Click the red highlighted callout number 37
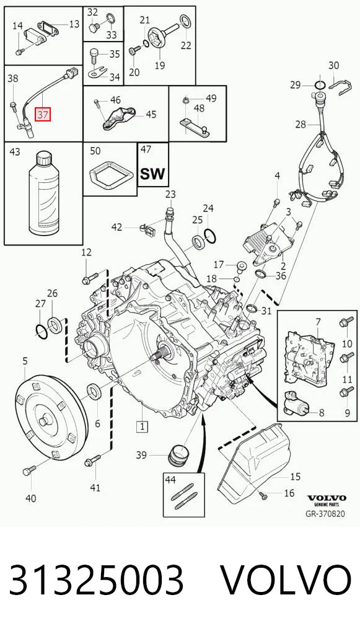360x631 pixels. tap(43, 115)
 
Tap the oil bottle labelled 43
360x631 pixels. tap(44, 194)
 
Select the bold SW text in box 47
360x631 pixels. tap(152, 174)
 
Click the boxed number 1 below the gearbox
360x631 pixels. tap(142, 426)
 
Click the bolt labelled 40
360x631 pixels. tap(29, 470)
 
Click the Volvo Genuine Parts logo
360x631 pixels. tap(327, 500)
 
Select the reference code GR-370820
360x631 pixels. tap(325, 514)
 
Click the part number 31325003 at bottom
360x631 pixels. tap(97, 580)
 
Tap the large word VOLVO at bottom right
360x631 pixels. tap(286, 580)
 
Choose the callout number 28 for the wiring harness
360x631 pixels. tap(301, 125)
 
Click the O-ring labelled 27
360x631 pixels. tap(42, 331)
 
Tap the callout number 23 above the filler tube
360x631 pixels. tap(170, 195)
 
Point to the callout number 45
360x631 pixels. tap(151, 115)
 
